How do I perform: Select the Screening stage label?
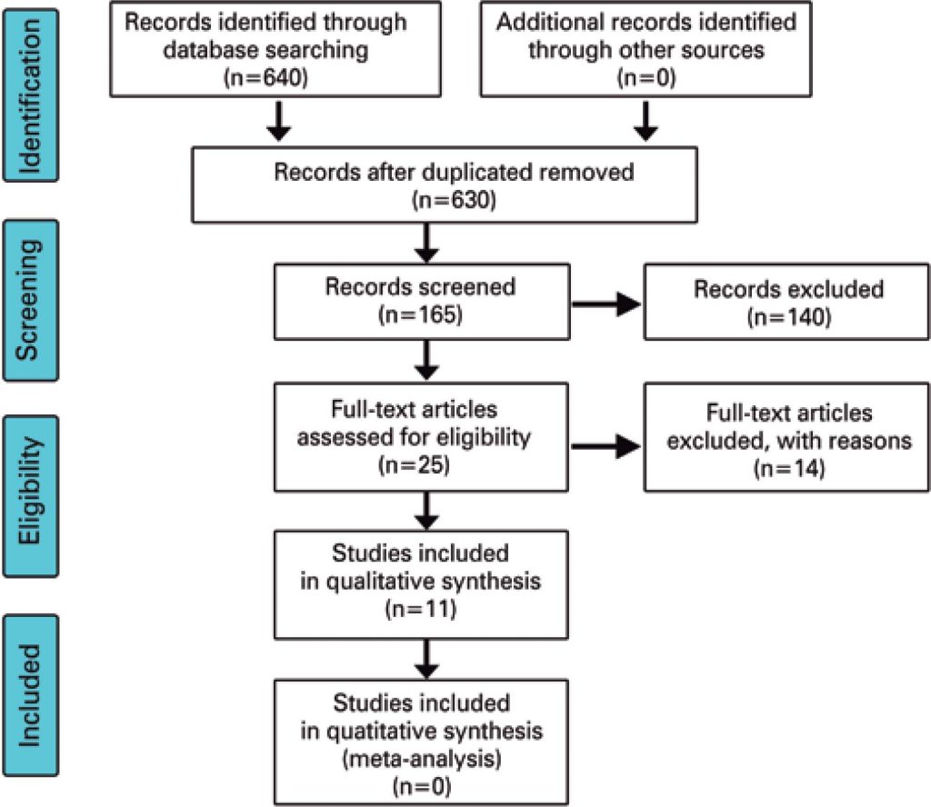click(x=31, y=300)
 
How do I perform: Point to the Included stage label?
click(x=31, y=695)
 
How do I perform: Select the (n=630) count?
click(x=452, y=199)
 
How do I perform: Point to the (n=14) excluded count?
click(x=787, y=470)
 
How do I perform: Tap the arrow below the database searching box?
click(x=280, y=122)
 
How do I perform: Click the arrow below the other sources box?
click(x=646, y=122)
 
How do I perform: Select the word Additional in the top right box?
click(x=546, y=23)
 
